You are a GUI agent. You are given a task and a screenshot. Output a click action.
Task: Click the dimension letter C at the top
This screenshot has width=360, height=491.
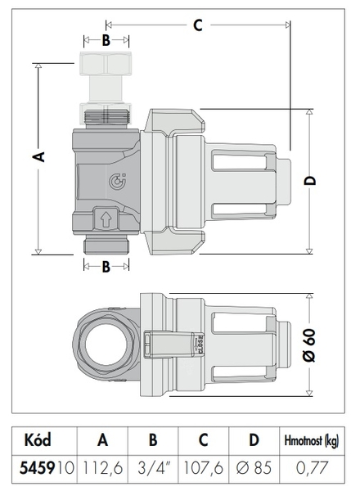[x=197, y=25]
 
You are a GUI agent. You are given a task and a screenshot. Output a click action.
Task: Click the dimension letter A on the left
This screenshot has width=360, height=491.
[x=39, y=156]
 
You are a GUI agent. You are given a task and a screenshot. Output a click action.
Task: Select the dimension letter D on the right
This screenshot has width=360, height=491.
[x=310, y=181]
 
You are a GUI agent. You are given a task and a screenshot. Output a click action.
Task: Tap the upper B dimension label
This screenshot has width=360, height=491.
[x=106, y=40]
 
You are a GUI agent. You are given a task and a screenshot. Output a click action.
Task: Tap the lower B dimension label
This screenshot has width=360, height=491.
[x=106, y=267]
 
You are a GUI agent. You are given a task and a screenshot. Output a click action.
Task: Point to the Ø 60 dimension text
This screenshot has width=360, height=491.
[x=309, y=345]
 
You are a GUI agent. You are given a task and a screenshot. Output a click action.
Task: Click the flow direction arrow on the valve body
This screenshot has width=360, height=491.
[x=106, y=219]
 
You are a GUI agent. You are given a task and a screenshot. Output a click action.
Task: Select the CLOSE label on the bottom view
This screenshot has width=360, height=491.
[x=200, y=345]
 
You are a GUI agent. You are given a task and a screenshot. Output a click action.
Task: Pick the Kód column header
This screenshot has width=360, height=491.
[x=38, y=439]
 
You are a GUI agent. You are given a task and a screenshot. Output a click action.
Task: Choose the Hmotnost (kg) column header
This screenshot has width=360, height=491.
[x=312, y=441]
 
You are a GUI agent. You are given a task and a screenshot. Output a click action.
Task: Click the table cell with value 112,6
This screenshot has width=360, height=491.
[x=102, y=468]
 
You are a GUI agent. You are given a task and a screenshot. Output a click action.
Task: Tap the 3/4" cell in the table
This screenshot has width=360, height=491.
[x=153, y=468]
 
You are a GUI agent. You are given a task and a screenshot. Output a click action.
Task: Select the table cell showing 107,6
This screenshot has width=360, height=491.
[x=203, y=468]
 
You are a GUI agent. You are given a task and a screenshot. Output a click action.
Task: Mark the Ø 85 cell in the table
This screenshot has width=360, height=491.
[x=254, y=468]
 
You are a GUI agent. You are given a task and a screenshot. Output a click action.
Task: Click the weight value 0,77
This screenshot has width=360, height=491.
[x=312, y=468]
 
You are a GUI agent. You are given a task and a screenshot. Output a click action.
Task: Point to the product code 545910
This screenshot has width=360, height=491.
[x=47, y=468]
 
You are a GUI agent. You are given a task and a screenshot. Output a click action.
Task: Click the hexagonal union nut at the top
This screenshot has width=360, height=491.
[x=106, y=64]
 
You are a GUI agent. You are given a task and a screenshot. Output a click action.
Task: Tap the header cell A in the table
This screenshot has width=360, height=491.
[x=102, y=440]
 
